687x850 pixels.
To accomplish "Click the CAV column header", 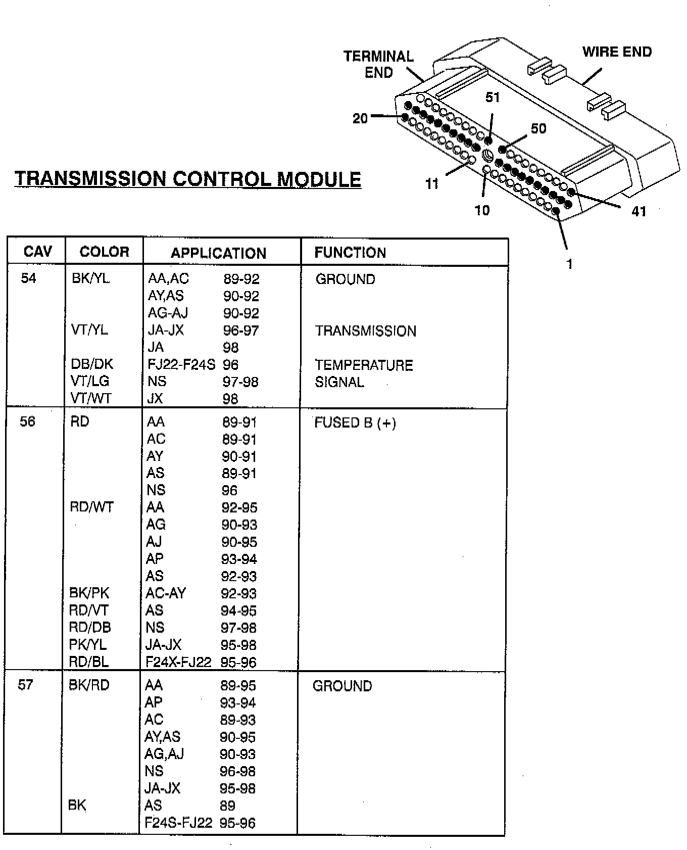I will [38, 252].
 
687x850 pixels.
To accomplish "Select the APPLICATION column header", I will [218, 253].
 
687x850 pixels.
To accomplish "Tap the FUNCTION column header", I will [350, 253].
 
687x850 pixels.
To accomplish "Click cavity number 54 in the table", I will [29, 278].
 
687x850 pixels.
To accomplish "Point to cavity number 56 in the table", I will [28, 421].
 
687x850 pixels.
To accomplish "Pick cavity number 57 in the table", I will [26, 685].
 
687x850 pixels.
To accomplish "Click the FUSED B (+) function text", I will [355, 422].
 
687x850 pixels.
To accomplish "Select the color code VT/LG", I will [90, 381].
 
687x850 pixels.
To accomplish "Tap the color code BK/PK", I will [89, 593].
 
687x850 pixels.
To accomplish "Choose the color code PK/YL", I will [88, 644].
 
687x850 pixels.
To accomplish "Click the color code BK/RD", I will [89, 685].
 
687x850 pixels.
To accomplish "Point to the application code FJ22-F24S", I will [181, 364].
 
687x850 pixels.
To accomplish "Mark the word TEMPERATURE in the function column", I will [364, 365].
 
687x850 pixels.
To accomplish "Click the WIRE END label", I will [617, 52].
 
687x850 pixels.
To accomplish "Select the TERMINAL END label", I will [378, 64].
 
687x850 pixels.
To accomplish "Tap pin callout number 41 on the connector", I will [639, 211].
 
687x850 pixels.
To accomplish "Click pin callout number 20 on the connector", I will [360, 119].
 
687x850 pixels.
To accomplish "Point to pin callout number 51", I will [493, 98].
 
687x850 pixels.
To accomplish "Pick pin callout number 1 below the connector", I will [570, 264].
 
